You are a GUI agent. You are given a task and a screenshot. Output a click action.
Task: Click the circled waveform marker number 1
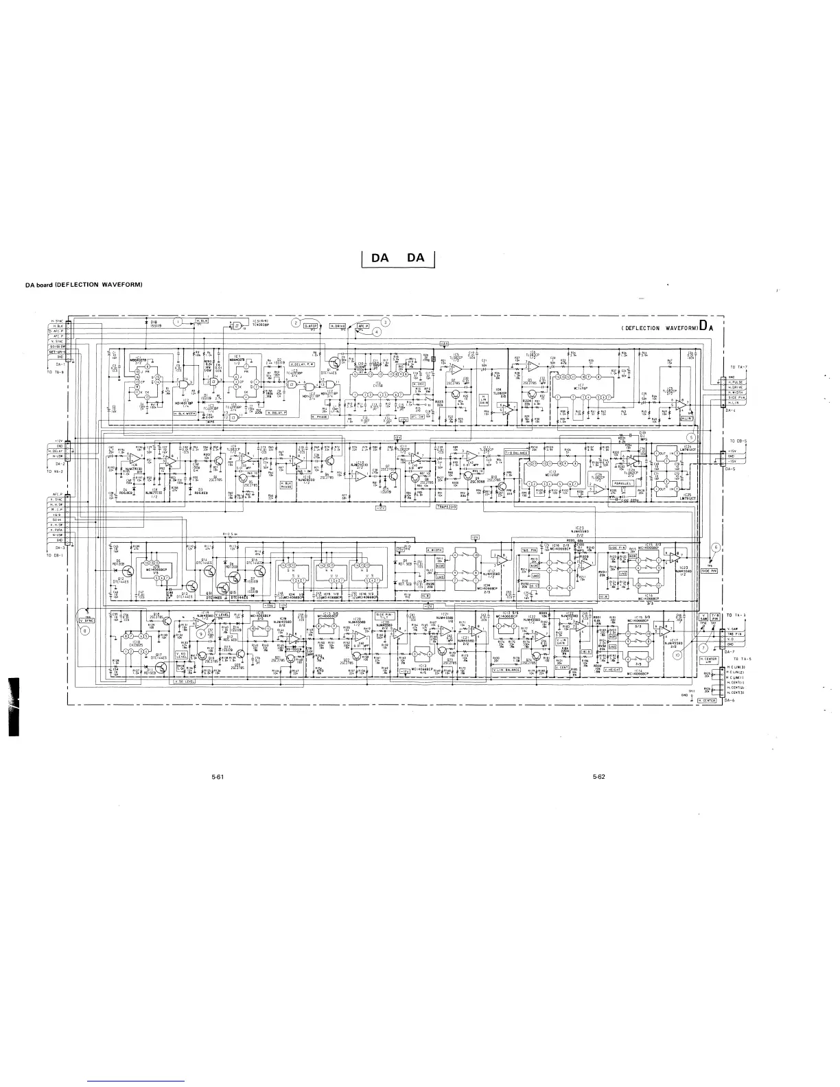tap(178, 321)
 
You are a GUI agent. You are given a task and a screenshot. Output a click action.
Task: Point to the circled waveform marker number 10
tap(677, 654)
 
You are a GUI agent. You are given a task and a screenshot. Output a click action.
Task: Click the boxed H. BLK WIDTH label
tap(185, 414)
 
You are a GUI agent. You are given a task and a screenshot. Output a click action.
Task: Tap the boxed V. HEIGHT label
tap(613, 669)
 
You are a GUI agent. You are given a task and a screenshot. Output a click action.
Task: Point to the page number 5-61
tap(218, 777)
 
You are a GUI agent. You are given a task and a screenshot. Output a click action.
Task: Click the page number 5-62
tap(598, 777)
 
